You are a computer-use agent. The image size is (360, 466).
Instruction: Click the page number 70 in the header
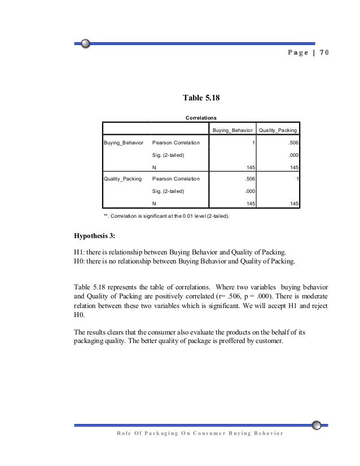click(x=323, y=52)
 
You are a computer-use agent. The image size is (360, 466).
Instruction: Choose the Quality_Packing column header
click(x=278, y=130)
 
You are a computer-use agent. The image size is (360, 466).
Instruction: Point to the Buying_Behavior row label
click(x=124, y=143)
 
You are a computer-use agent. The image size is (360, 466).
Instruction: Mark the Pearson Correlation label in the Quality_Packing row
click(x=177, y=179)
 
